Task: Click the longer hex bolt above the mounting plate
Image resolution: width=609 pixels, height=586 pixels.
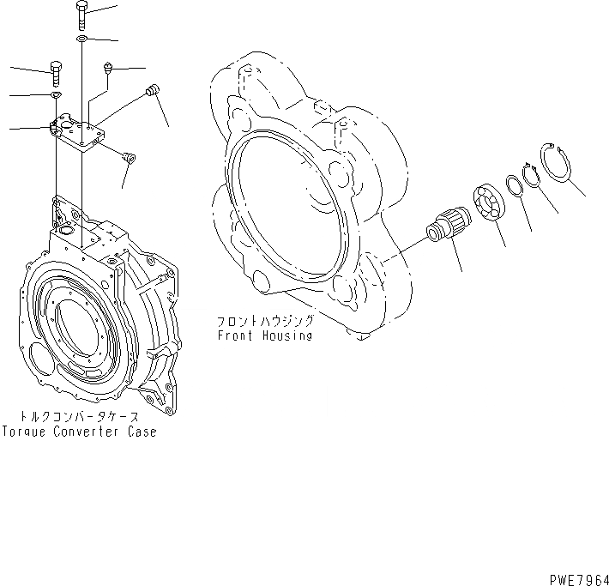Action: [81, 15]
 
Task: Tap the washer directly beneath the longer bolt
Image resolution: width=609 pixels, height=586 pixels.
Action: [81, 39]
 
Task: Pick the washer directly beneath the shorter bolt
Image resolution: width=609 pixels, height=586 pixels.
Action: [56, 94]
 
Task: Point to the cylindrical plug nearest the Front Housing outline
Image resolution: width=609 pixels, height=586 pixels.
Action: [154, 91]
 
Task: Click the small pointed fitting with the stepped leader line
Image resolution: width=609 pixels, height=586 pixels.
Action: [109, 66]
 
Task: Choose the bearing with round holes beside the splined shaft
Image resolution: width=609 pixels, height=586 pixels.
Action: [490, 204]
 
